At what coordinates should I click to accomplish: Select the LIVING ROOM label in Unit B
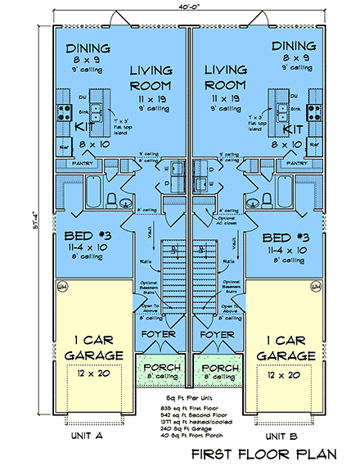[x=225, y=79]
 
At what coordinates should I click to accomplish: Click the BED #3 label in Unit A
[x=86, y=238]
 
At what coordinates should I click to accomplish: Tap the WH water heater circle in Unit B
[x=313, y=287]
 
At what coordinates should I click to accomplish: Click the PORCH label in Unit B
[x=219, y=366]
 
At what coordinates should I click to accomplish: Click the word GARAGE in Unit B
[x=286, y=356]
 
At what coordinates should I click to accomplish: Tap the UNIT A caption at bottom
[x=86, y=437]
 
